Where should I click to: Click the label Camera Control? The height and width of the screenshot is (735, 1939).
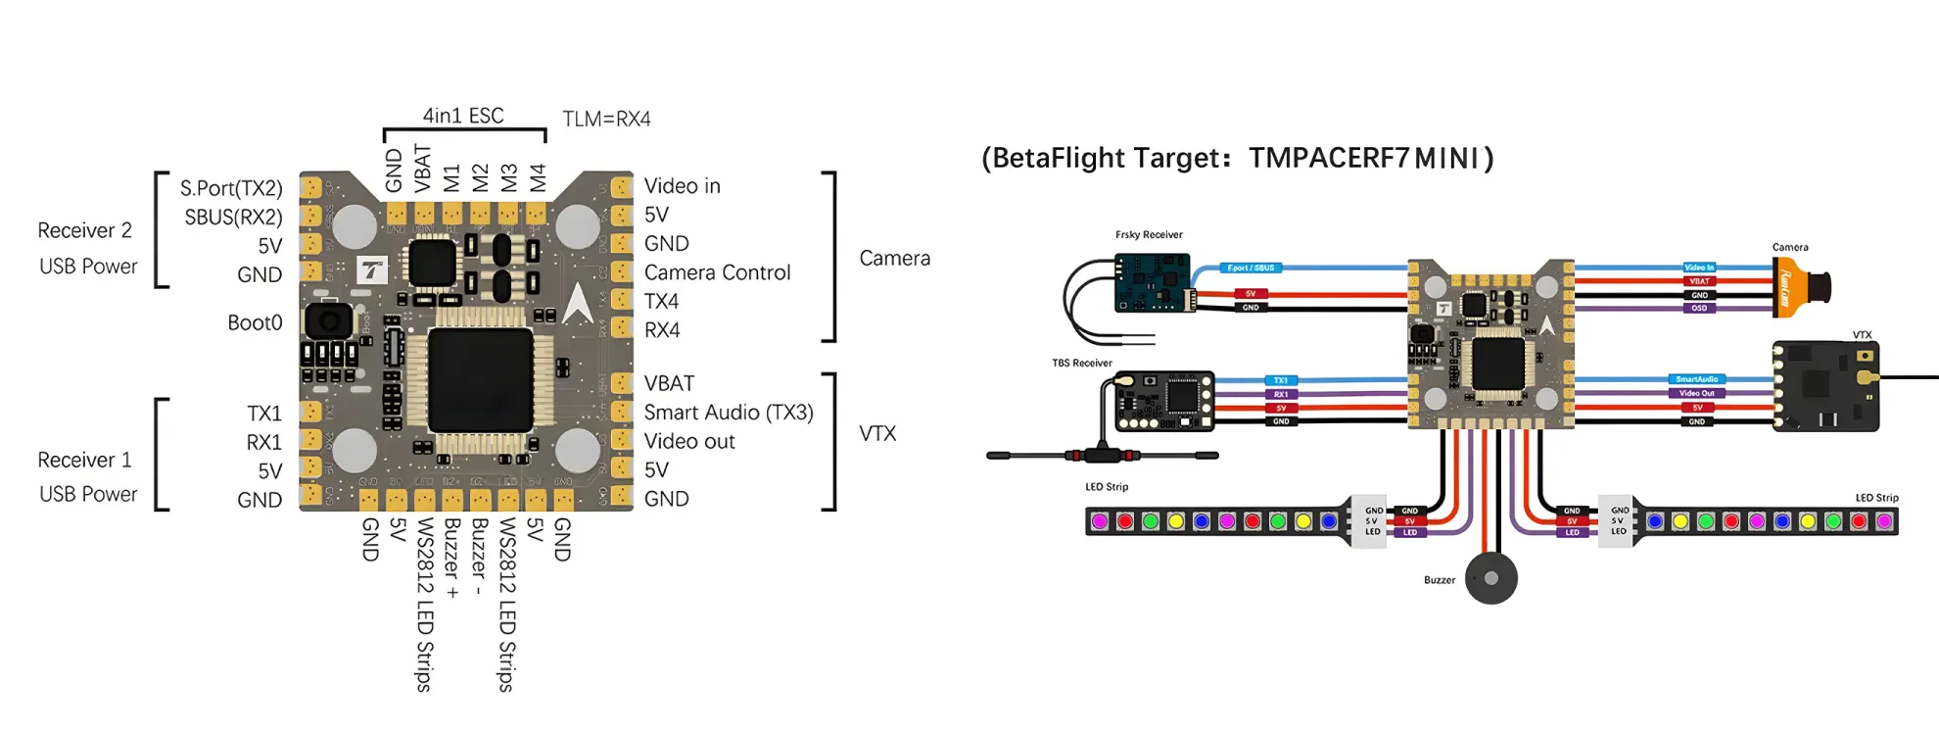tap(717, 272)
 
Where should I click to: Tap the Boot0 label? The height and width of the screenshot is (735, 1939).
tap(255, 323)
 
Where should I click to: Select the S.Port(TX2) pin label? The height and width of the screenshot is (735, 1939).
tap(231, 188)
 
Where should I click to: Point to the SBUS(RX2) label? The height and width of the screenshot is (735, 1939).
tap(233, 217)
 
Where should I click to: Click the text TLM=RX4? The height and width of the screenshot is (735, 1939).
tap(606, 120)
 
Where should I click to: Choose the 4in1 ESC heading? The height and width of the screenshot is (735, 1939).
tap(463, 116)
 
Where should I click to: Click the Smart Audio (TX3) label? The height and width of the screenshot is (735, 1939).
tap(729, 413)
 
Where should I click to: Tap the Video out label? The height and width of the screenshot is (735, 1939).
tap(689, 442)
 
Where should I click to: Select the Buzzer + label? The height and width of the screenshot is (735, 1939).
tap(451, 559)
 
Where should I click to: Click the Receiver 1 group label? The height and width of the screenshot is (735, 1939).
tap(84, 460)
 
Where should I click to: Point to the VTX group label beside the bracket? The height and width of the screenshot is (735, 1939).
tap(877, 433)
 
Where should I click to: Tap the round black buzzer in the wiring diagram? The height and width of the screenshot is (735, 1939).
tap(1490, 578)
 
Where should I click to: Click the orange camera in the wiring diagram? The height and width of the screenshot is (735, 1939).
tap(1800, 287)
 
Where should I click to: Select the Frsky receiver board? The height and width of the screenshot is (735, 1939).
tap(1153, 282)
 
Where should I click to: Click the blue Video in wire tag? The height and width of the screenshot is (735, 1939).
tap(1699, 268)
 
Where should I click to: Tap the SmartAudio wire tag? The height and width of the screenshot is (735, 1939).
tap(1696, 379)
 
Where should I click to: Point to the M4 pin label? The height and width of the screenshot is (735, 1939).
tap(537, 178)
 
